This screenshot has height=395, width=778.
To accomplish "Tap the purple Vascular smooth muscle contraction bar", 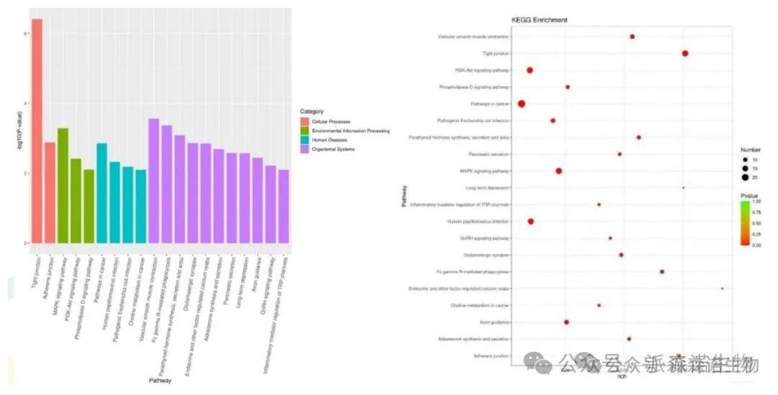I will pos(153,180).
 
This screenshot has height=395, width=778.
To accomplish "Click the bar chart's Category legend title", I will pos(312,112).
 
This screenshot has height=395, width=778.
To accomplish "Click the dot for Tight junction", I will pos(685,53).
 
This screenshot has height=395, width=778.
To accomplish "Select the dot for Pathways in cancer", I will pos(522,104).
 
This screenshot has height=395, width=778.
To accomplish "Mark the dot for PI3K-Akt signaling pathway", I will pos(529,70).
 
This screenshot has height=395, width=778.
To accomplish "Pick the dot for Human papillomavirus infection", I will pos(531,221).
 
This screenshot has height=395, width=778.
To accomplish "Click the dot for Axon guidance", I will pos(566,321).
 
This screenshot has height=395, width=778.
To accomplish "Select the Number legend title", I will pos(745,149).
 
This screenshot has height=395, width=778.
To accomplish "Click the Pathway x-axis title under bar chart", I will pos(160,380).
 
